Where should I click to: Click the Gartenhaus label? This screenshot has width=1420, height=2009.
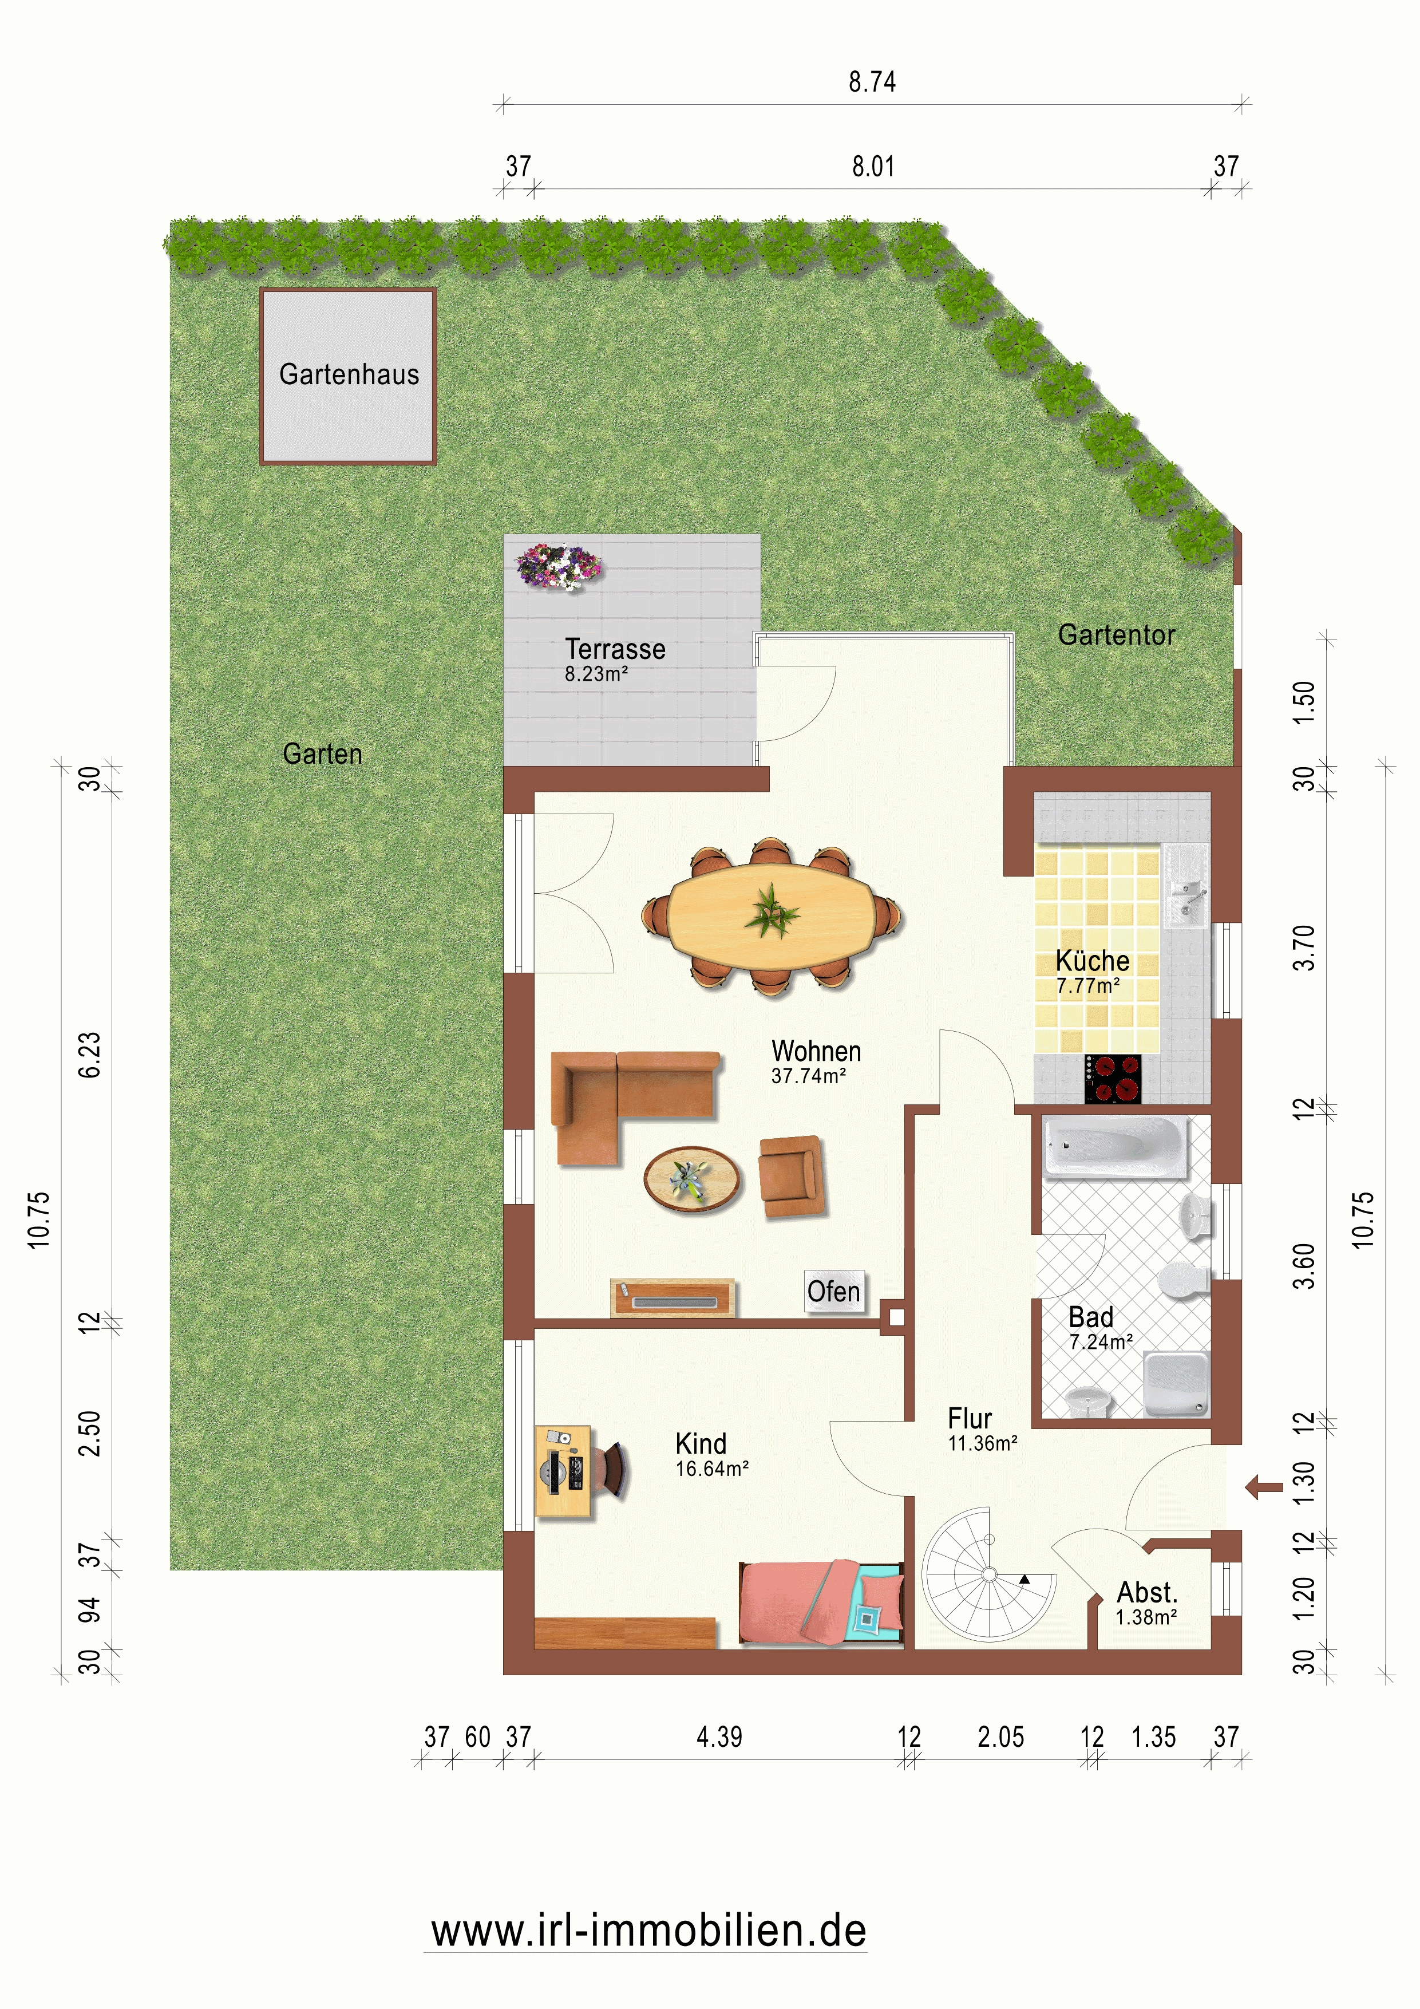(x=349, y=374)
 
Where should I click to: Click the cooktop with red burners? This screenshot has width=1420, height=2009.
(x=1113, y=1079)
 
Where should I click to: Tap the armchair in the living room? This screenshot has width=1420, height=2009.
(x=792, y=1178)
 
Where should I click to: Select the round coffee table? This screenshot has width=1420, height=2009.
(x=692, y=1179)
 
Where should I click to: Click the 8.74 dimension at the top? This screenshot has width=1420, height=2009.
(x=872, y=82)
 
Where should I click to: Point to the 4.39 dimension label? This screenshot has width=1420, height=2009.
(x=719, y=1737)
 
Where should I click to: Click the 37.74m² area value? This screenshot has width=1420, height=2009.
(x=808, y=1076)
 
